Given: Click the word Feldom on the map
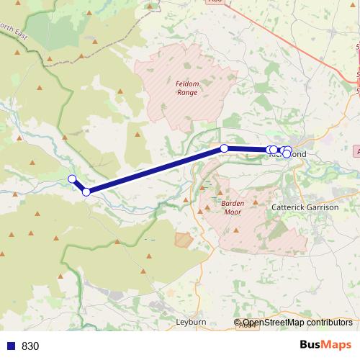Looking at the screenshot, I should click(186, 84).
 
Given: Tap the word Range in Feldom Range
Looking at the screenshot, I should click(186, 92).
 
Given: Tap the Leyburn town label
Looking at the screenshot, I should click(192, 322).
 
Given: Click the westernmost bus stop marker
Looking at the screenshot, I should click(72, 179).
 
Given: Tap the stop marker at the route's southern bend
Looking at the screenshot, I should click(86, 192).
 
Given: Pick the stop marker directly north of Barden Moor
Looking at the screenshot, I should click(224, 148).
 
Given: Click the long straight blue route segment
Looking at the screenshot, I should click(155, 170).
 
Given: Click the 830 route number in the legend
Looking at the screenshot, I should click(30, 346).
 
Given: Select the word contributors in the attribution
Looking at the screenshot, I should click(329, 323).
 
